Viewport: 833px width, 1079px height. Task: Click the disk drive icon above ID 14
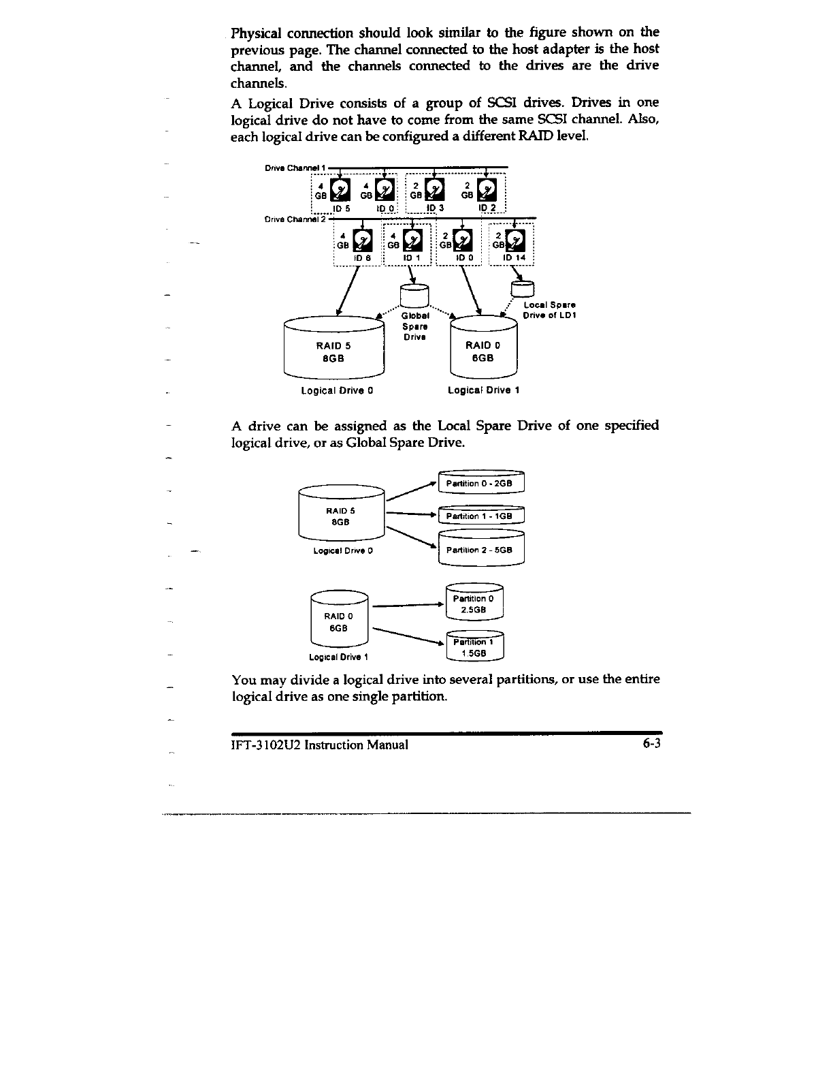[518, 241]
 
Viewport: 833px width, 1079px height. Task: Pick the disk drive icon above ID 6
[365, 241]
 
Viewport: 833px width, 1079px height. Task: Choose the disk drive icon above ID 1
[413, 241]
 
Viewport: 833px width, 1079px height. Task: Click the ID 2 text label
[488, 207]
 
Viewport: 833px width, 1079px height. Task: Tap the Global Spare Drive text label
[414, 326]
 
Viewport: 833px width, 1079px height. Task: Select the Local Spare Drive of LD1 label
[549, 310]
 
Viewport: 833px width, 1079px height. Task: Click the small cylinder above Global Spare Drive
[414, 295]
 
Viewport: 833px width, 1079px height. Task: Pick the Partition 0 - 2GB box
[482, 484]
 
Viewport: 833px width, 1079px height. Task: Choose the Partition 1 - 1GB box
[482, 516]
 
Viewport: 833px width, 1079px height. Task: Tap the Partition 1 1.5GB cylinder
[473, 647]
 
